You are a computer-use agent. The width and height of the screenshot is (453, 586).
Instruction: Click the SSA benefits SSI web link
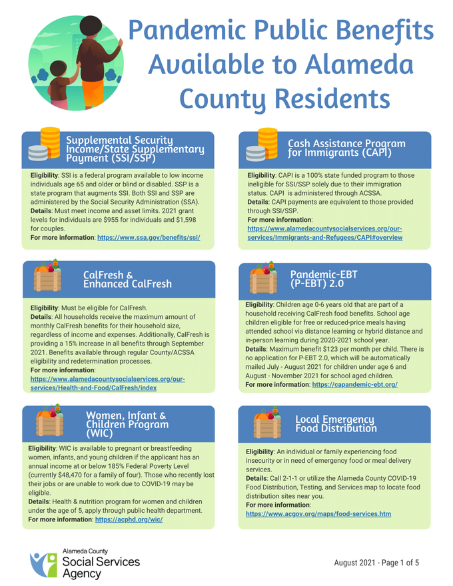(149, 237)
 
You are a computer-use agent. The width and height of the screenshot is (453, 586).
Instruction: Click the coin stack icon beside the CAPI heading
(259, 144)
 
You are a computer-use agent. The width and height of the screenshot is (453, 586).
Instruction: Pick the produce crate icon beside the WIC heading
(47, 421)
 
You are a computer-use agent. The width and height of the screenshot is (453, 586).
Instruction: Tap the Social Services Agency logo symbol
(42, 563)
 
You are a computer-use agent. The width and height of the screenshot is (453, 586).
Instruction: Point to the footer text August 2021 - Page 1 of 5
(376, 563)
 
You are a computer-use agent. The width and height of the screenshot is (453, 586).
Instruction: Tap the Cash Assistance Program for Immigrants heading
(346, 148)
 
